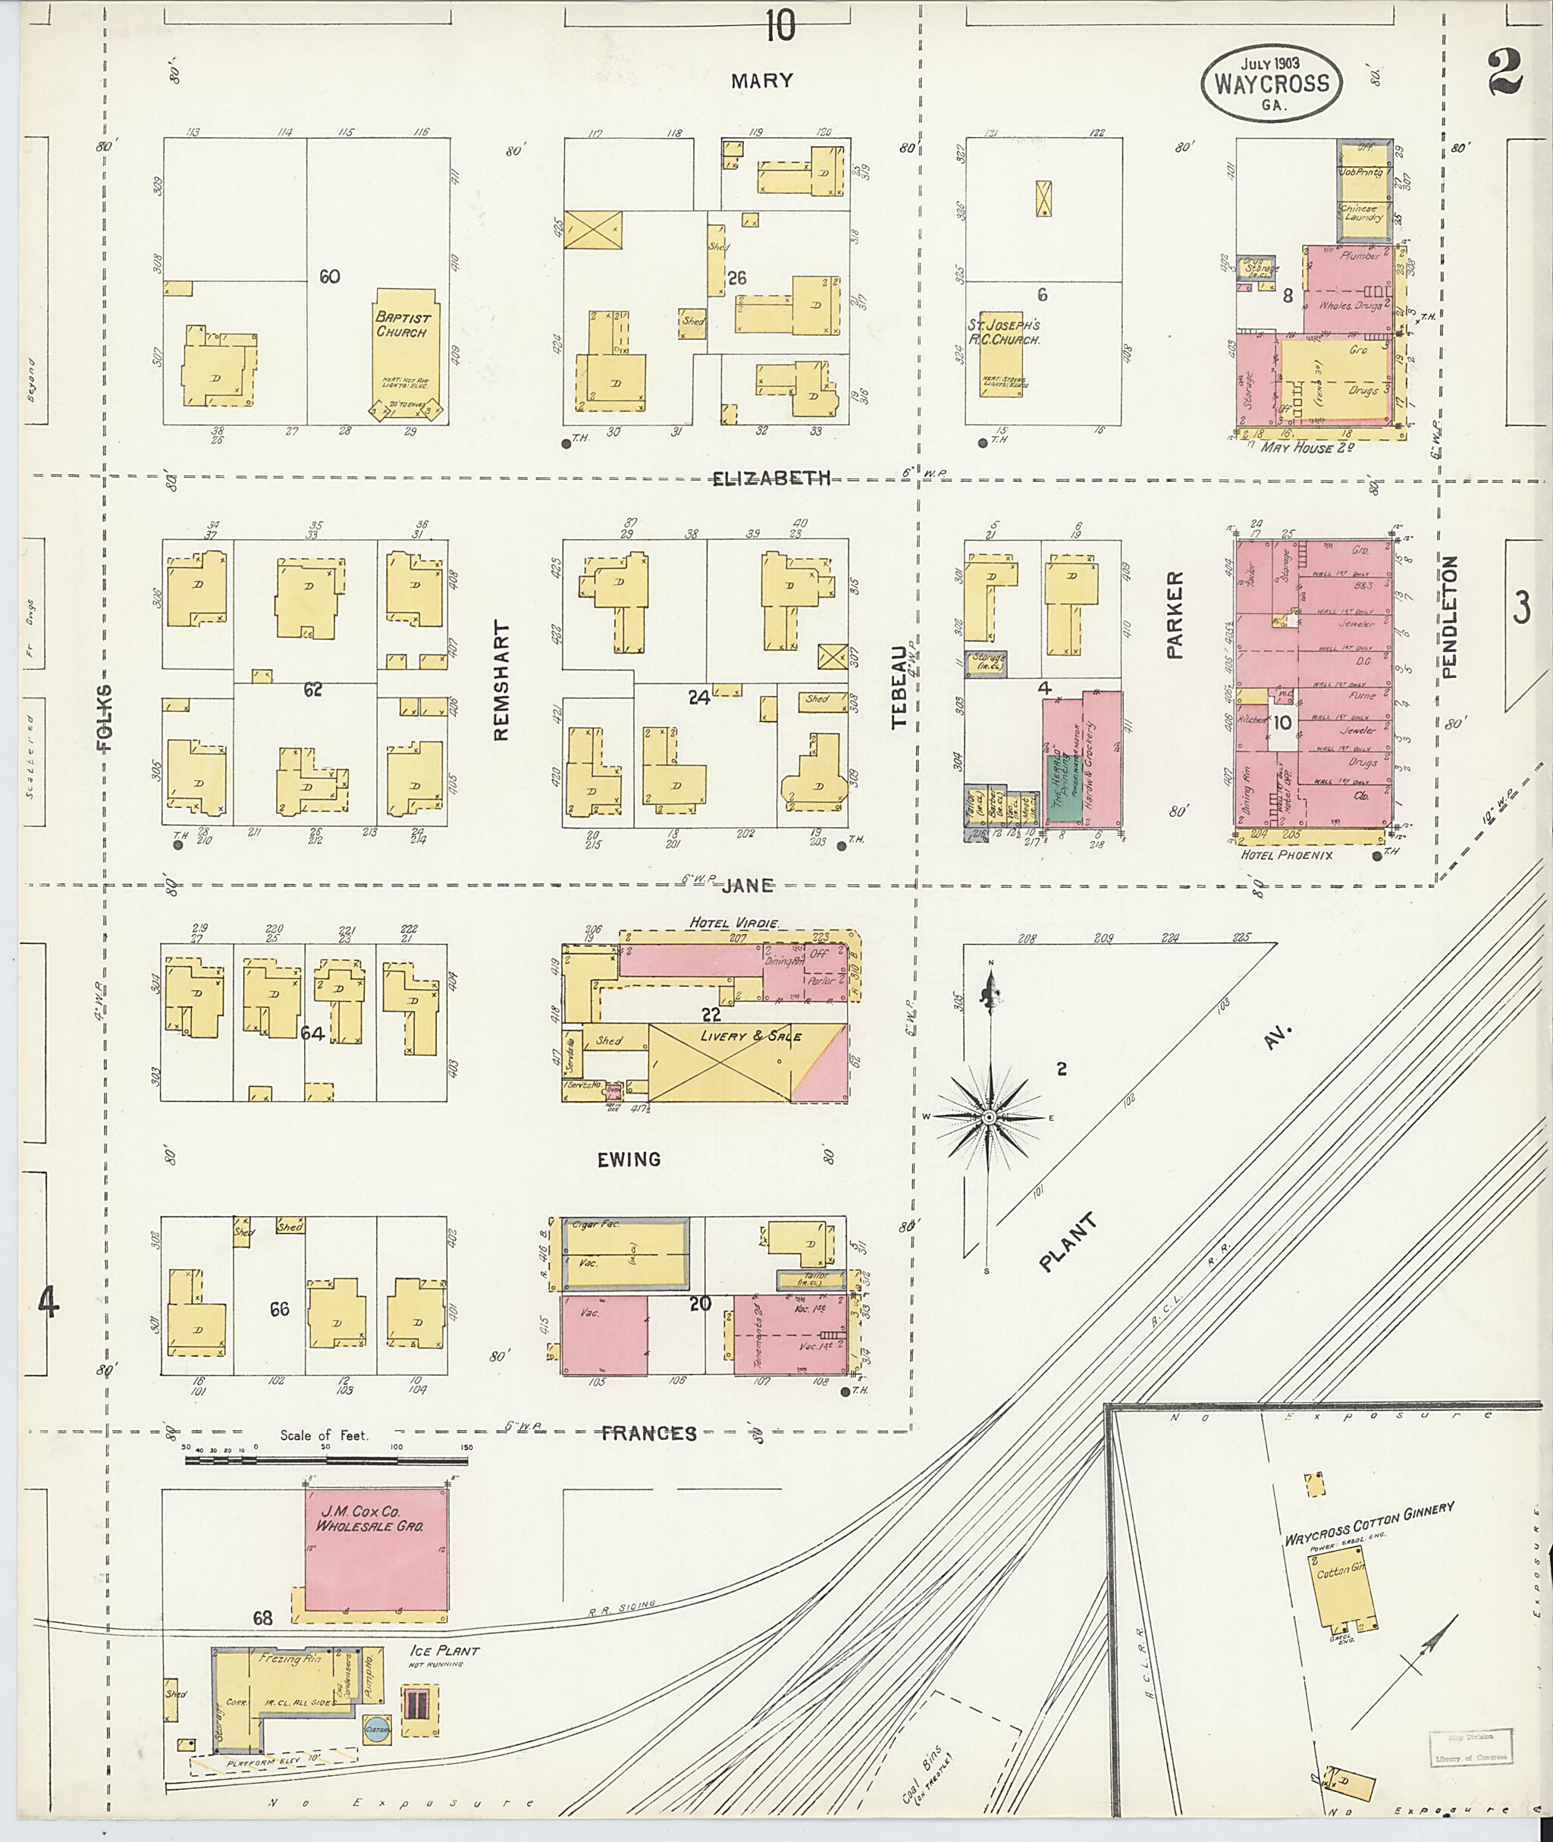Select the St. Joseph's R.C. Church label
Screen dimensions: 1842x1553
pos(1004,331)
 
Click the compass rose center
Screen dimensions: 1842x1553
pos(989,1117)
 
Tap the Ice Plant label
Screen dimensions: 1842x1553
pos(444,1651)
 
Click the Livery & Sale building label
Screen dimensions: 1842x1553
pos(751,1037)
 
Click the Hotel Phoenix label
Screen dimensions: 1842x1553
pos(1285,855)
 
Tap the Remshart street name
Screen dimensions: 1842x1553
pos(502,681)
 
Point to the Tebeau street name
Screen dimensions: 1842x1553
pos(898,687)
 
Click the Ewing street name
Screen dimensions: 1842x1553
pos(629,1159)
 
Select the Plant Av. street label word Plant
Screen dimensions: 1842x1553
pos(1068,1242)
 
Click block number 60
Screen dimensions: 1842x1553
pos(329,277)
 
